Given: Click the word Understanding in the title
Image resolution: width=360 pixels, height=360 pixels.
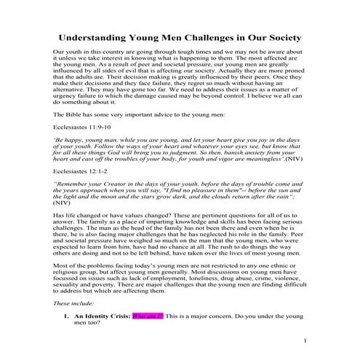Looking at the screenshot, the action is pyautogui.click(x=100, y=37).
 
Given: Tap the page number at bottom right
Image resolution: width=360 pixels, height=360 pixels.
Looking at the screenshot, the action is pyautogui.click(x=305, y=341).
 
